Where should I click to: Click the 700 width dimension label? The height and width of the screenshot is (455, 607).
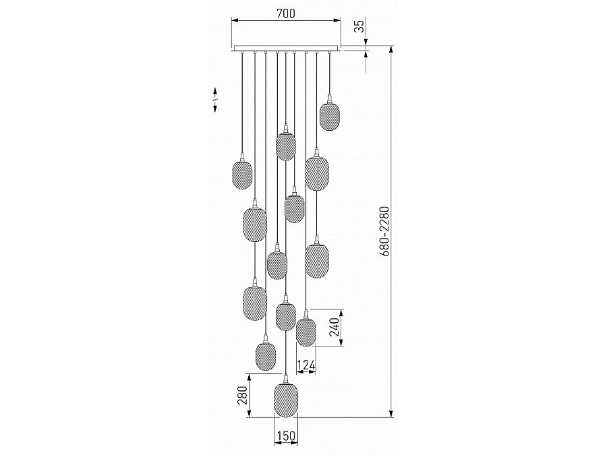tap(286, 13)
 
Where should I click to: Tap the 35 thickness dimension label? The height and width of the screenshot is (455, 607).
tap(359, 26)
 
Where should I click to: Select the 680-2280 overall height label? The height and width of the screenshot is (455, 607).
tap(384, 231)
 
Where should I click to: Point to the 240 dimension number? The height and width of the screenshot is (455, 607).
tap(335, 328)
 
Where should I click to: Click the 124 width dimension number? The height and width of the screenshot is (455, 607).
tap(306, 365)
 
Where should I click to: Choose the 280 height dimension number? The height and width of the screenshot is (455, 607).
tap(242, 395)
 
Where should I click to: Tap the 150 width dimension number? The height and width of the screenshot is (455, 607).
tap(286, 436)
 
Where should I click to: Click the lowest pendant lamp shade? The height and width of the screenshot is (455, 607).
tap(286, 400)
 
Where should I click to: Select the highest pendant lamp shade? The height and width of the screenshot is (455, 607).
tap(329, 117)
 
